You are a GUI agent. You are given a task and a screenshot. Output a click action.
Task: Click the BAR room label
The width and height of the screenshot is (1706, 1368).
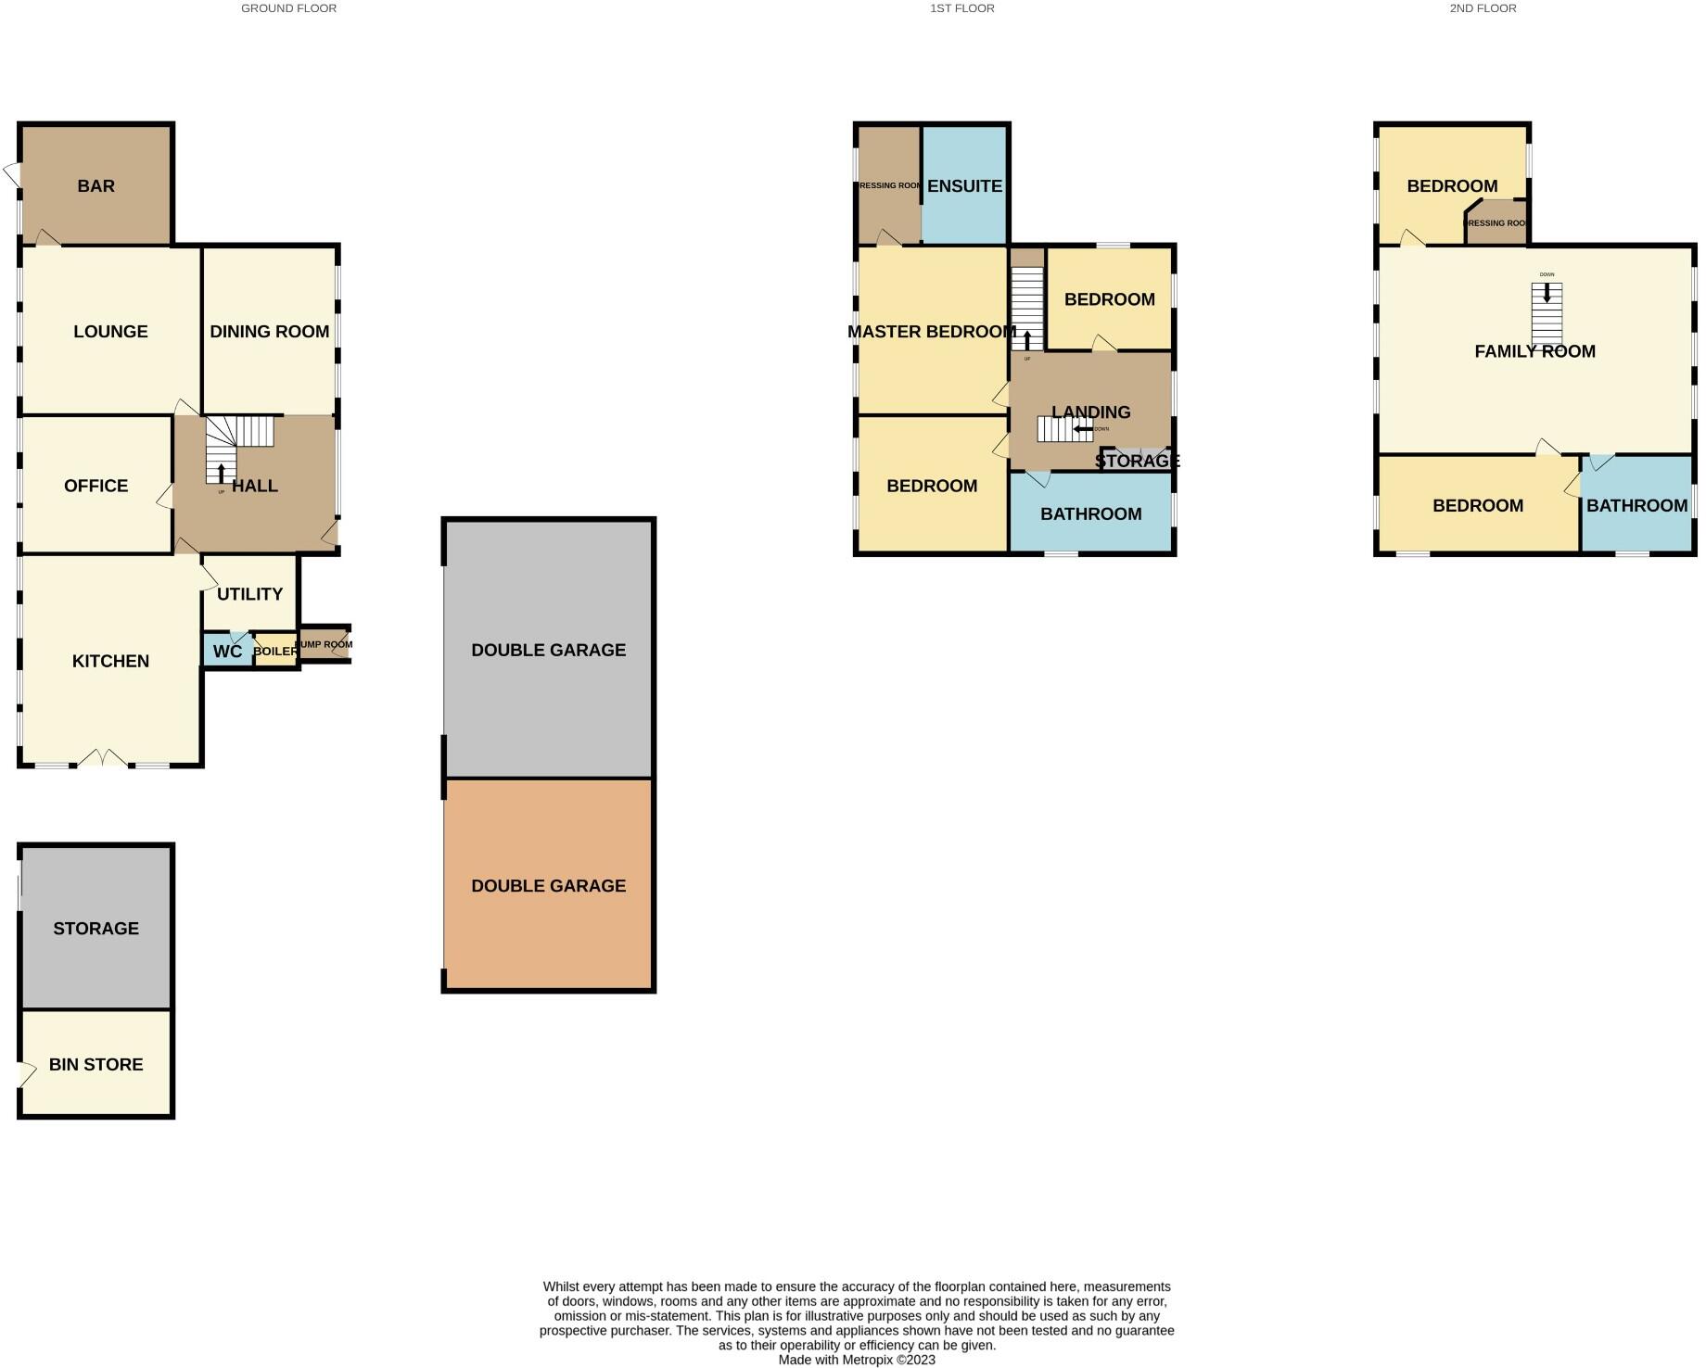[x=95, y=186]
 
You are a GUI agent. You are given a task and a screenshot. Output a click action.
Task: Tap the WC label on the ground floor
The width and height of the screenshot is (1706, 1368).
[x=227, y=652]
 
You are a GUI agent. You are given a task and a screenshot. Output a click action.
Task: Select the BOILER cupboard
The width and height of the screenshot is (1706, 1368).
[x=276, y=652]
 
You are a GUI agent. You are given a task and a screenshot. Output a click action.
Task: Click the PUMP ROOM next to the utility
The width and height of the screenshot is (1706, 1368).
[x=324, y=644]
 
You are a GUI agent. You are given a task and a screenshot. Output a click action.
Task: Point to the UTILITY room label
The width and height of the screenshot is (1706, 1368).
[x=249, y=594]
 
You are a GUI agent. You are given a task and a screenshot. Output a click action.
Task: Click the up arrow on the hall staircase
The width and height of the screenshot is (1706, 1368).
[x=221, y=473]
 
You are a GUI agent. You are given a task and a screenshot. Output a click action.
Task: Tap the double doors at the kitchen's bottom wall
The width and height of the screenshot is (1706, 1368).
[x=102, y=759]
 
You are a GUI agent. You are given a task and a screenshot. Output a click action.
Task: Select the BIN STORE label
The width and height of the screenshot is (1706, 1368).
[x=95, y=1065]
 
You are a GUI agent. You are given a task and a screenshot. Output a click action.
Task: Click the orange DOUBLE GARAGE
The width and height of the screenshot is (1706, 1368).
[x=548, y=886]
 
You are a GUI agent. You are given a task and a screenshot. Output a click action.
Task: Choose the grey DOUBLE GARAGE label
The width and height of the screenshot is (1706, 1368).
[x=548, y=651]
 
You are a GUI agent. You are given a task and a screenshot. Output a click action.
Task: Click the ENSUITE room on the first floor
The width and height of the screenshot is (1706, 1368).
[x=964, y=186]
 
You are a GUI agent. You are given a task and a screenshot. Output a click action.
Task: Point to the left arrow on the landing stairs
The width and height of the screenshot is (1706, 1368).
[x=1082, y=429]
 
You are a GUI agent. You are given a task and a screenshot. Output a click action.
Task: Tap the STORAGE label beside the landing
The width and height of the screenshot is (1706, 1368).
[x=1137, y=461]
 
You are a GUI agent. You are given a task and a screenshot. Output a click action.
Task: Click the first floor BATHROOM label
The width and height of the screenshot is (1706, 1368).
[x=1090, y=514]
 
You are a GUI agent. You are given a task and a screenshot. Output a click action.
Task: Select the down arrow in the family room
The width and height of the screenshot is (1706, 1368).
[x=1547, y=293]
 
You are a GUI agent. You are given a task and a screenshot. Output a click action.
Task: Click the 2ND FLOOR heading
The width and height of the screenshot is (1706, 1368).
[x=1483, y=8]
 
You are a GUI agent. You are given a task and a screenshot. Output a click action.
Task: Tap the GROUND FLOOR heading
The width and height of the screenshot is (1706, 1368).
[x=288, y=8]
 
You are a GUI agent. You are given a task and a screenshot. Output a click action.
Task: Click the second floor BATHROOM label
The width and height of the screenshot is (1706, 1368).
[x=1636, y=506]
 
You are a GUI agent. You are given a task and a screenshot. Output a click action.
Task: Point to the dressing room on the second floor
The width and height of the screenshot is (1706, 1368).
[x=1496, y=223]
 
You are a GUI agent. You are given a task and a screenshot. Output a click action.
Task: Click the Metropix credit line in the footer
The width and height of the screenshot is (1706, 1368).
[x=857, y=1360]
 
